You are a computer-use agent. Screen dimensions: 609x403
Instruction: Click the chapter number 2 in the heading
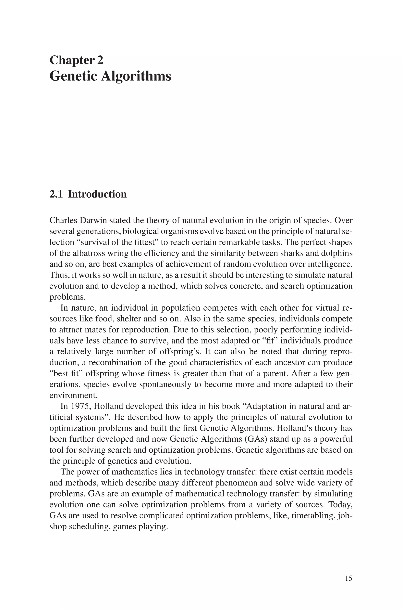[100, 60]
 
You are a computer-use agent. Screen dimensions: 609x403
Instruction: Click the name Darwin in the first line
[94, 221]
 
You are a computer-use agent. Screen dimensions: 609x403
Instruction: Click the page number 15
[348, 579]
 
